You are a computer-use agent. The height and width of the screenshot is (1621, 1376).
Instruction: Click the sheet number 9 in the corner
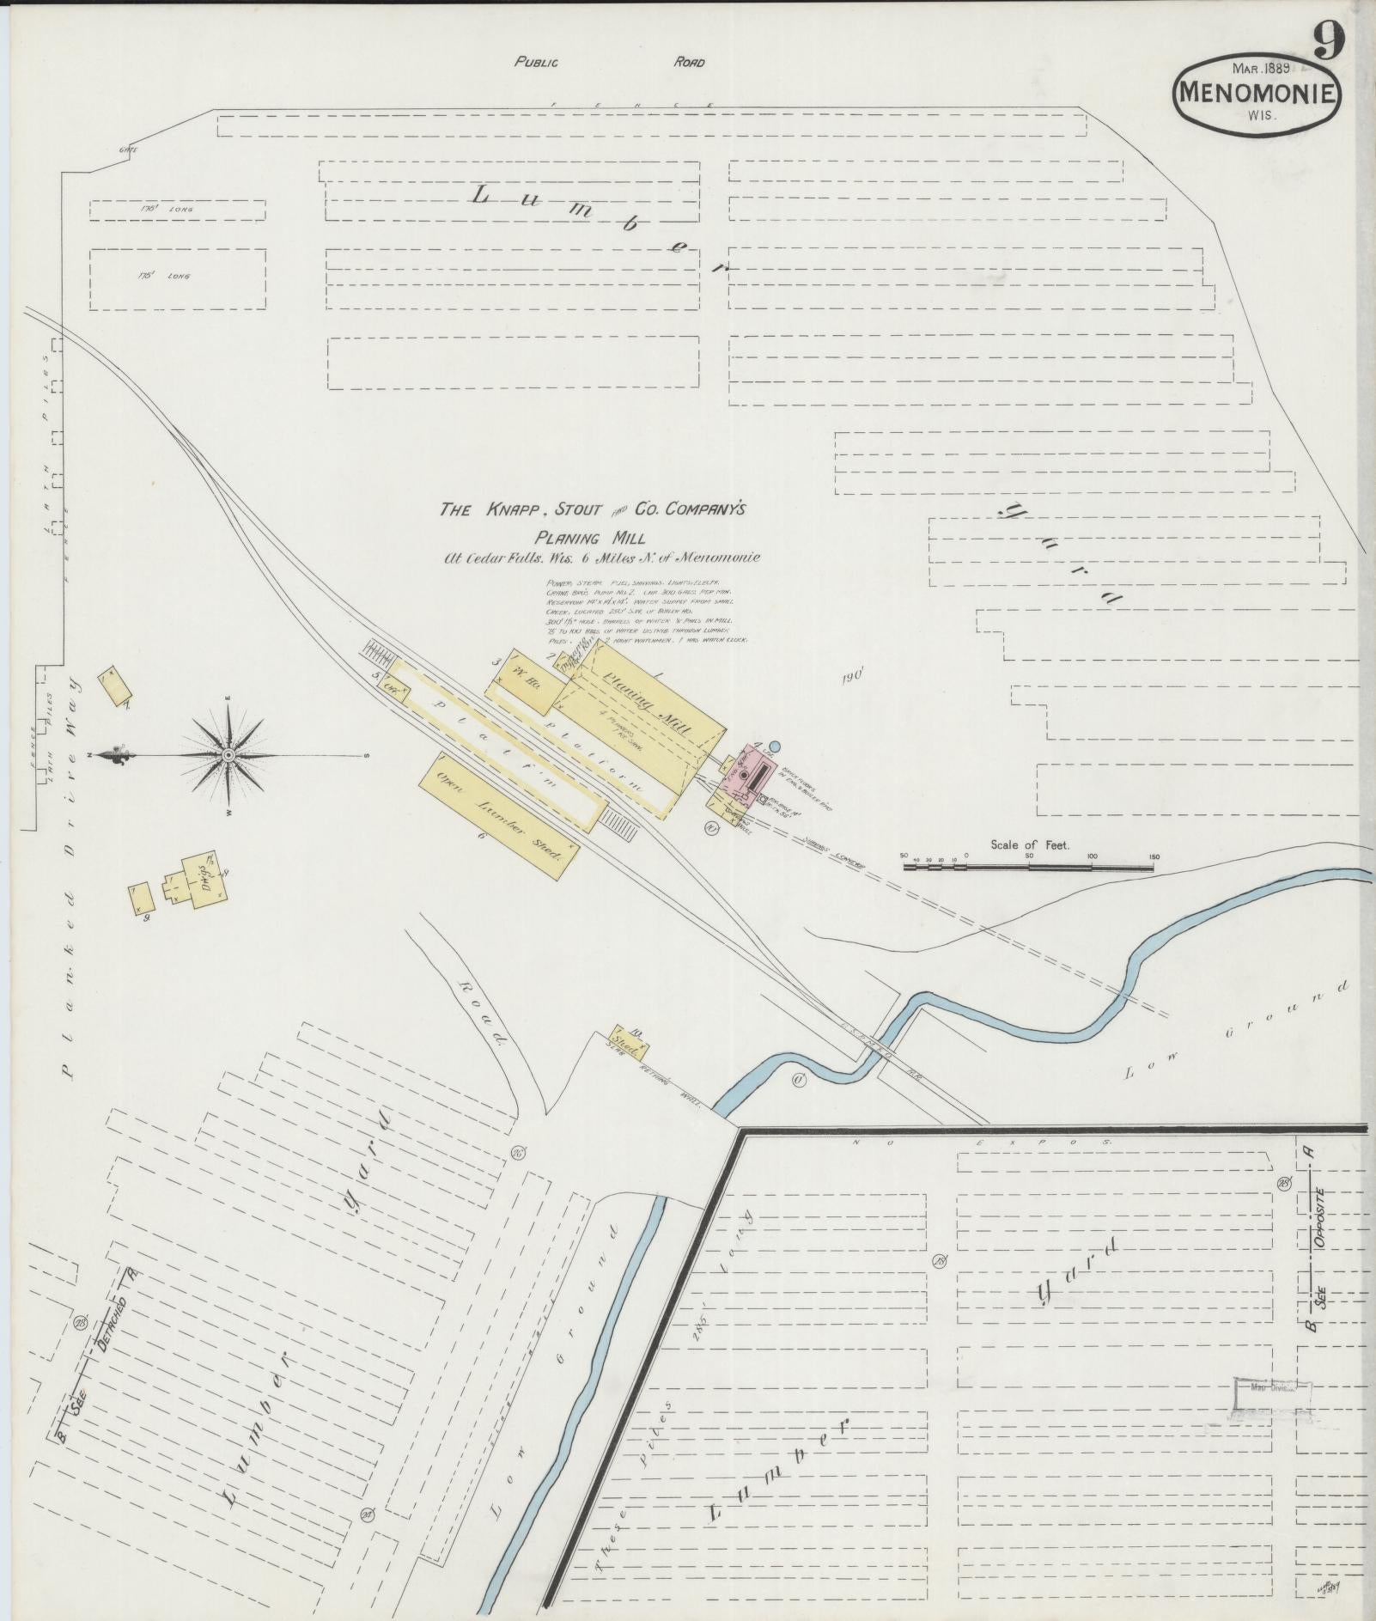tap(1328, 40)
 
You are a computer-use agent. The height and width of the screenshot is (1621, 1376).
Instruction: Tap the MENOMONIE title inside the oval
tap(1255, 93)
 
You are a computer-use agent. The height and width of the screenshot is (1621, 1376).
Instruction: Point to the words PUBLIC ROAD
tap(609, 62)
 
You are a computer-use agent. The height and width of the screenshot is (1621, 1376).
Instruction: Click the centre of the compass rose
tap(228, 755)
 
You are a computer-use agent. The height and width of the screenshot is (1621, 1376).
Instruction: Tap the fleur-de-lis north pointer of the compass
tap(113, 755)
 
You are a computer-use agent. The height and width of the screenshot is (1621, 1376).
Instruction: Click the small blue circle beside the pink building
tap(774, 747)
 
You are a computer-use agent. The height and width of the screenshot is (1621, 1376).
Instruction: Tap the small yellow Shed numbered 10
tap(630, 1041)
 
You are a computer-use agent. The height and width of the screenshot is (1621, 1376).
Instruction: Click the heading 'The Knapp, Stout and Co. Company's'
tap(593, 510)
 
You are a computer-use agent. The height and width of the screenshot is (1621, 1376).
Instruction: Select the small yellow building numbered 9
tap(143, 899)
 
